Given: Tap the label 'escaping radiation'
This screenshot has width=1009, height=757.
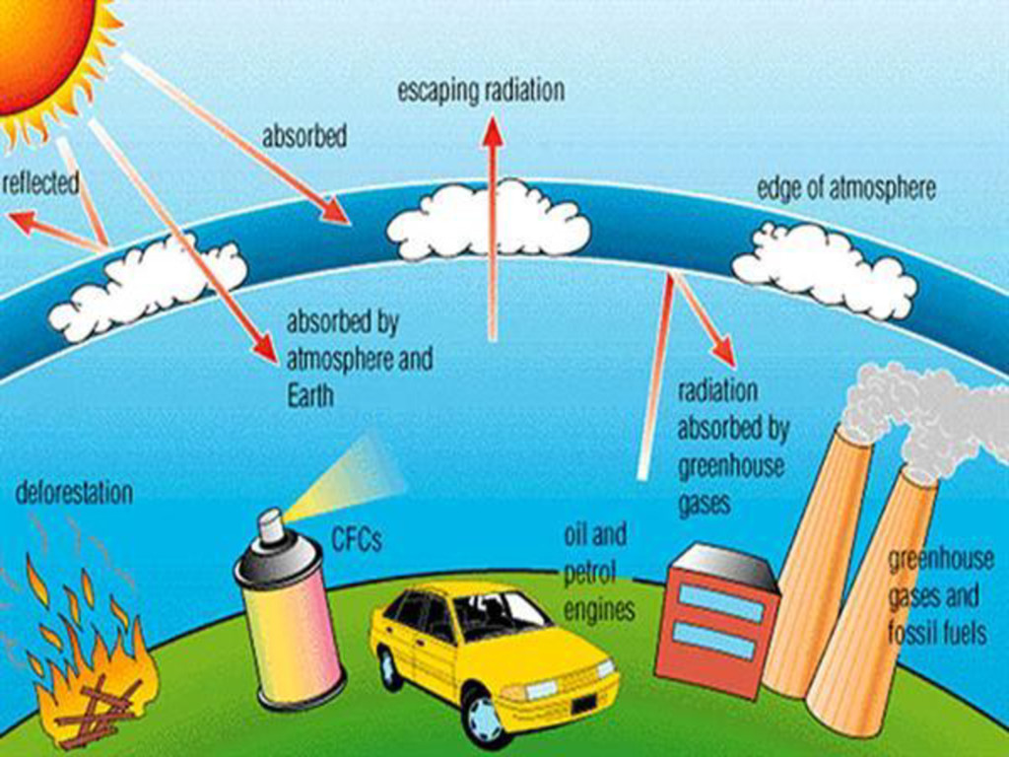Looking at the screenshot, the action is (x=481, y=92).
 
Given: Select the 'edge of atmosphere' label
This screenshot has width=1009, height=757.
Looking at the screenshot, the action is (x=845, y=189).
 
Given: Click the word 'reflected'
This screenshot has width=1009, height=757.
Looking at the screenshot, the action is (x=40, y=183).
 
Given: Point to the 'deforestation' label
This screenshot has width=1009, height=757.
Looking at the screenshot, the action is (x=74, y=492).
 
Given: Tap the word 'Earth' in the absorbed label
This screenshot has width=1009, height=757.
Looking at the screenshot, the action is (x=310, y=396).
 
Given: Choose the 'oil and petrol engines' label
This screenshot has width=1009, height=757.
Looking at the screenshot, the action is (x=596, y=573).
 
